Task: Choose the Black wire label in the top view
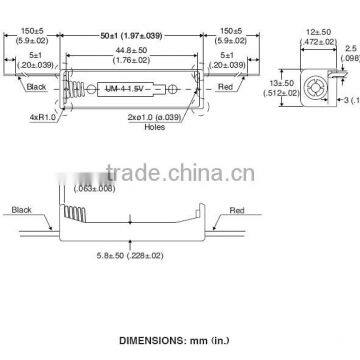click(36, 87)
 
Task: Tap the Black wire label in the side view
click(23, 212)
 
